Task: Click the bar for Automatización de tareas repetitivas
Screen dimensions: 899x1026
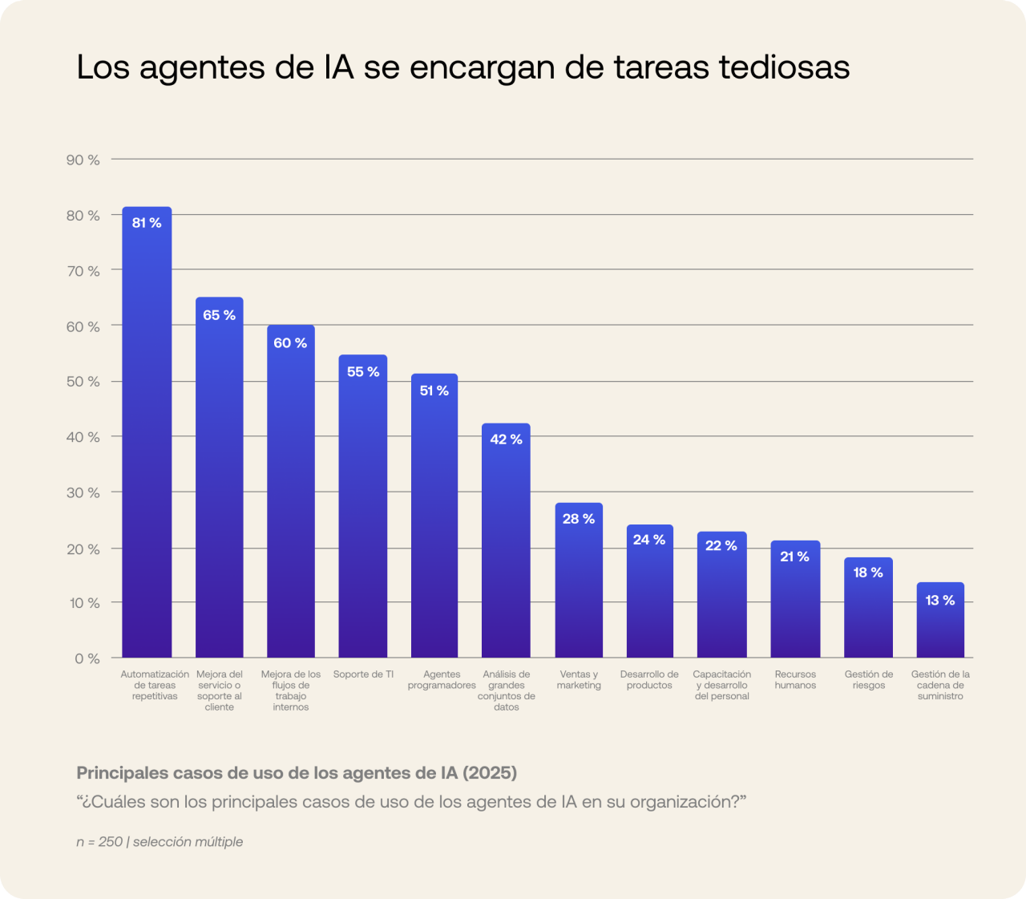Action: point(147,433)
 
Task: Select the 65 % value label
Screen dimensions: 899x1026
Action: point(219,315)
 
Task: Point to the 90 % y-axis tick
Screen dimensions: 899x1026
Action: point(83,160)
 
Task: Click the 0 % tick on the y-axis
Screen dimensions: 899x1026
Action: point(87,658)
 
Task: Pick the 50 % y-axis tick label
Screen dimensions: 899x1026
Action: point(83,382)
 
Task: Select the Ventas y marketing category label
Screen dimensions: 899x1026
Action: point(579,680)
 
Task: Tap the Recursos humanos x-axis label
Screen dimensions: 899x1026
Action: point(795,680)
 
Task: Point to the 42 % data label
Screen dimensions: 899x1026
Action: point(506,439)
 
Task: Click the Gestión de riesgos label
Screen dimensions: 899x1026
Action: point(868,680)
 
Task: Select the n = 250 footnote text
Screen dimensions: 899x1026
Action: point(99,842)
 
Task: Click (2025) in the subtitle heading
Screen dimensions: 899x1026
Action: point(490,773)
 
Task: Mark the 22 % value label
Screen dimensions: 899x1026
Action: point(721,545)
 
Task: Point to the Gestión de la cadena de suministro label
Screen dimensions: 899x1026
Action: point(940,686)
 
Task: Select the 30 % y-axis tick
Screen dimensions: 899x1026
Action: point(83,492)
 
